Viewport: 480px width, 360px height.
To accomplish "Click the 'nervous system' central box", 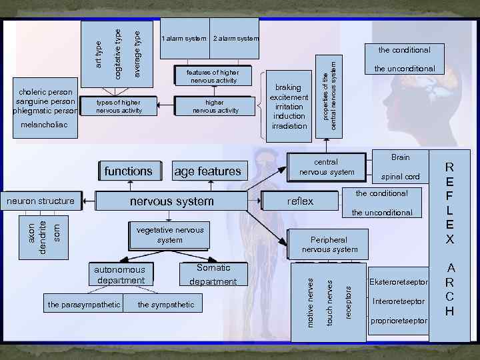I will tap(171, 201).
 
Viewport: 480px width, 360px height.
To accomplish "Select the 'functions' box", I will tap(128, 171).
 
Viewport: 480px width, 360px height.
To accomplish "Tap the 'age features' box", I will tap(207, 171).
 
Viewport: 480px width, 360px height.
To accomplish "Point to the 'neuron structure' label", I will tap(40, 201).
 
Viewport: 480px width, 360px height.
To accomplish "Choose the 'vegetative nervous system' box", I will tap(170, 235).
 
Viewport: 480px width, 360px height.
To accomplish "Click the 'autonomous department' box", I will tap(120, 275).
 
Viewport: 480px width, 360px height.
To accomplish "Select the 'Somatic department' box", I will tap(213, 275).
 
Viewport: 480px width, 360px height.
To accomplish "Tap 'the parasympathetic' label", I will tap(84, 305).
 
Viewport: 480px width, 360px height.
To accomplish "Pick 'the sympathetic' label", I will tap(166, 305).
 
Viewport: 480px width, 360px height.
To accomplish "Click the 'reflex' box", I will tap(300, 201).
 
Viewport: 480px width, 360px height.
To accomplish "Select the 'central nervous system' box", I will tap(327, 167).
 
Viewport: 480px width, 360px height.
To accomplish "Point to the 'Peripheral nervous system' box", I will tap(329, 244).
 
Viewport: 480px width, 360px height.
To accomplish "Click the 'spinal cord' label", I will tap(400, 177).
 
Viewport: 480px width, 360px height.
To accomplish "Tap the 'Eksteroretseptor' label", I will tap(398, 283).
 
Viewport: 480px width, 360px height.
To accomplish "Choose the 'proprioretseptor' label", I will tap(398, 321).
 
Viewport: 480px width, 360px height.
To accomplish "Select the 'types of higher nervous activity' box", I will tap(119, 106).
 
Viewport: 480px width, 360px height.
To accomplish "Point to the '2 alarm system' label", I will tap(236, 39).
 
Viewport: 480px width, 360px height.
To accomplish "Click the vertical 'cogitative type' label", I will tap(118, 53).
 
